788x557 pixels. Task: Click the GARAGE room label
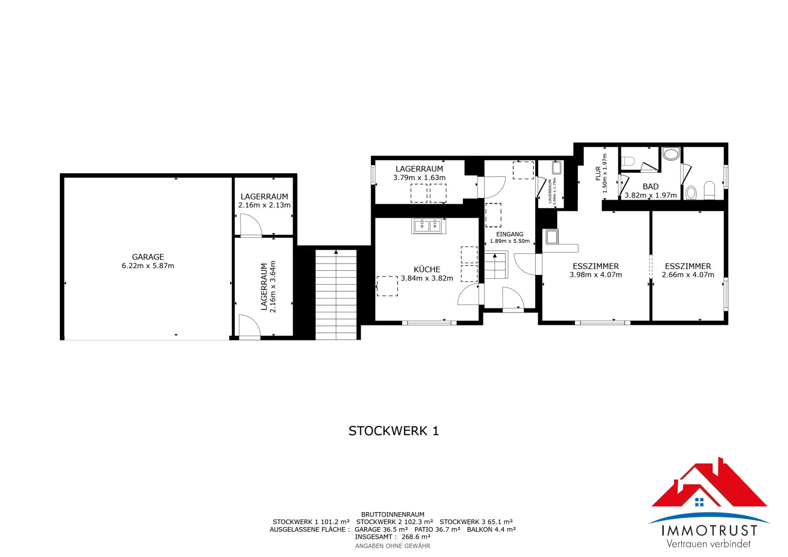coord(148,257)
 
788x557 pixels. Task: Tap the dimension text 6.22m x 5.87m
coord(148,266)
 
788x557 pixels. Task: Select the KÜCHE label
coord(427,269)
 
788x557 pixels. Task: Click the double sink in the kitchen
coord(428,226)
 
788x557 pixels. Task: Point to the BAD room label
coord(651,187)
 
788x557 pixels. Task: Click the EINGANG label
coord(509,234)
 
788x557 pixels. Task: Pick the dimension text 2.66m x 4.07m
coord(688,275)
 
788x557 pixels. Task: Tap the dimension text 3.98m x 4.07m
coord(596,275)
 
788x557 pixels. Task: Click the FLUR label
coord(599,173)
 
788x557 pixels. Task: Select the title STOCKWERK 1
coord(394,431)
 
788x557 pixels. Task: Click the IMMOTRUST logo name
coord(710,530)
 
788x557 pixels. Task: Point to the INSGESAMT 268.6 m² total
coord(393,537)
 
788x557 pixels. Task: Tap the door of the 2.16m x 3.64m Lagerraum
coord(249,327)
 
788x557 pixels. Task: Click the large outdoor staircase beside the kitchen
coord(336,294)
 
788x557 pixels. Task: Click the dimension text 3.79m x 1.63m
coord(419,177)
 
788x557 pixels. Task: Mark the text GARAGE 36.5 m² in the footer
coord(381,529)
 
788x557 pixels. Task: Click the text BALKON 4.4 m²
coord(491,529)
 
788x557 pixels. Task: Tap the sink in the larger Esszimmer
coord(552,237)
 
